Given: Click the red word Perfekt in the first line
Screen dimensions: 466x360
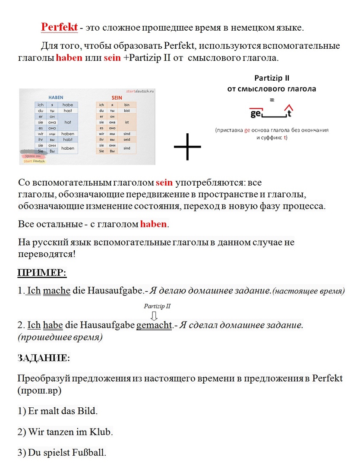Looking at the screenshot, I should point(59,27).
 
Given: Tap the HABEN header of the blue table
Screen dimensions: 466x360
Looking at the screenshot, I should point(56,98).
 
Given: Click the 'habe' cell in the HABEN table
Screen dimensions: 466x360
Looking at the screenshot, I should point(68,105).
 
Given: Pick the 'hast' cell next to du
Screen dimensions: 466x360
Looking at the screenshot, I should point(68,111).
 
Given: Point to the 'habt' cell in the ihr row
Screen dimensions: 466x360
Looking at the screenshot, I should point(68,140).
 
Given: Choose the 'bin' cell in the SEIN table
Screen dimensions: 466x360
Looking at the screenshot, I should point(126,105).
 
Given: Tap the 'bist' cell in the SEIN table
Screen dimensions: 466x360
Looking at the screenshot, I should point(126,111).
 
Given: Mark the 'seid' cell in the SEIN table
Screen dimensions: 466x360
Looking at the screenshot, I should point(126,140).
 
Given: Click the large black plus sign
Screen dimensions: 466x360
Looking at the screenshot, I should point(187,147).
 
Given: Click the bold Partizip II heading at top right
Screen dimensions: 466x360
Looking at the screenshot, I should point(272,78).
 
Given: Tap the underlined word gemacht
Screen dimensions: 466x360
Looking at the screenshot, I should point(154,324).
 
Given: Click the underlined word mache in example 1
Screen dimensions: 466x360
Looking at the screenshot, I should point(57,290).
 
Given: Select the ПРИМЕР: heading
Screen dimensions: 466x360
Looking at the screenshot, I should point(42,273).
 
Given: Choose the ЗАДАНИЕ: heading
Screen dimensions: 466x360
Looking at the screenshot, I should point(44,358).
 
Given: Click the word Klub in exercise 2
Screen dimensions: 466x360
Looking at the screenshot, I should point(101,431).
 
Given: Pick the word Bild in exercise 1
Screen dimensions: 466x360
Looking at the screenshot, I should point(88,410).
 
